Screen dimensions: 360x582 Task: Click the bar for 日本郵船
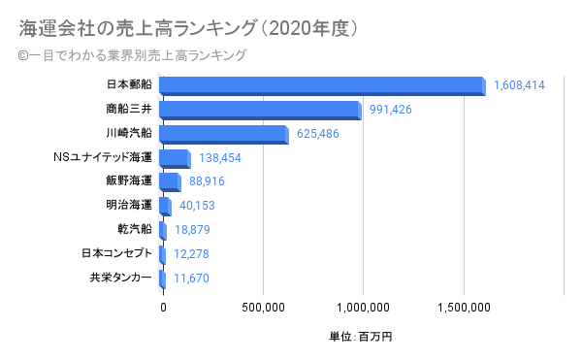coord(321,85)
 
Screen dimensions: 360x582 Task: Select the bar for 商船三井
coord(259,110)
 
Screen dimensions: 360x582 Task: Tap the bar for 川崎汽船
coord(223,134)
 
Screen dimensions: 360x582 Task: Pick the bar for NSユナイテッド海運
coord(174,158)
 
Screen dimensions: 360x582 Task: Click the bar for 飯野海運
coord(169,182)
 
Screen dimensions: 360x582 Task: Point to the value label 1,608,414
coord(519,85)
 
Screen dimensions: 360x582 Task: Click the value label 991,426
coord(392,109)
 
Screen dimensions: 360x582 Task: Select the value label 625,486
coord(318,133)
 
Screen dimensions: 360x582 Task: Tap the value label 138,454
coord(219,157)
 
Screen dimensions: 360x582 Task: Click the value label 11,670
coord(192,278)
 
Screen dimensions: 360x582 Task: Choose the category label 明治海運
coord(129,205)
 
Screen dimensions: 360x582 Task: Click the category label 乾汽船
coord(134,229)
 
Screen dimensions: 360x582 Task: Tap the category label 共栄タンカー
coord(120,278)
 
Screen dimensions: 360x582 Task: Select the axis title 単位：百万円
coord(361,337)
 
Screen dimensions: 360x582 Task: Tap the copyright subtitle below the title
coord(132,55)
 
